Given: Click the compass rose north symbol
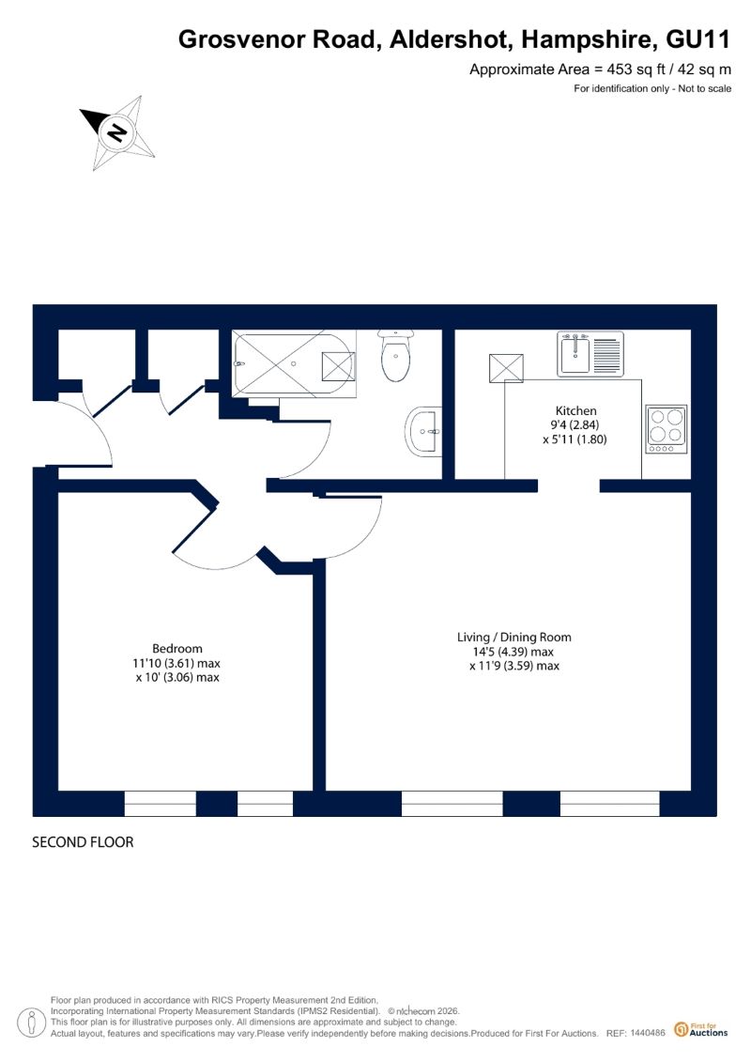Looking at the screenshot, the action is tap(117, 132).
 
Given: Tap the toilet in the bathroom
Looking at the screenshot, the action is tap(395, 355).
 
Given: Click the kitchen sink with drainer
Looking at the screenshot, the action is tap(590, 354).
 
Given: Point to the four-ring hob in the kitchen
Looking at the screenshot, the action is tap(667, 429).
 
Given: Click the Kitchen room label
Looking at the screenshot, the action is tap(575, 410).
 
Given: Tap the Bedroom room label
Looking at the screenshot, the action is tap(176, 648).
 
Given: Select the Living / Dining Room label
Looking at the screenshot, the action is tap(514, 637).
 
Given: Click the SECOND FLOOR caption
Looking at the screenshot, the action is tap(83, 842).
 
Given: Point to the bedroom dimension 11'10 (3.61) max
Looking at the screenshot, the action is tap(176, 663).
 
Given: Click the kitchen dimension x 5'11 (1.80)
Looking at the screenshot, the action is tap(575, 439).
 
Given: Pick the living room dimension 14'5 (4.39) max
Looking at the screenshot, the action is tap(513, 652).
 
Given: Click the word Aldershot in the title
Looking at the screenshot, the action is tap(447, 40).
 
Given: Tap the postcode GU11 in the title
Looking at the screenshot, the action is tap(698, 40).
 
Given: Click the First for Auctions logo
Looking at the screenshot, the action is tap(701, 1030).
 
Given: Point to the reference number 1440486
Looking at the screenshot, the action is tap(648, 1033).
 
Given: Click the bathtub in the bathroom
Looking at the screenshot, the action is tap(294, 363).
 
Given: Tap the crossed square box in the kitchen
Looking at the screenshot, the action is tap(506, 368).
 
